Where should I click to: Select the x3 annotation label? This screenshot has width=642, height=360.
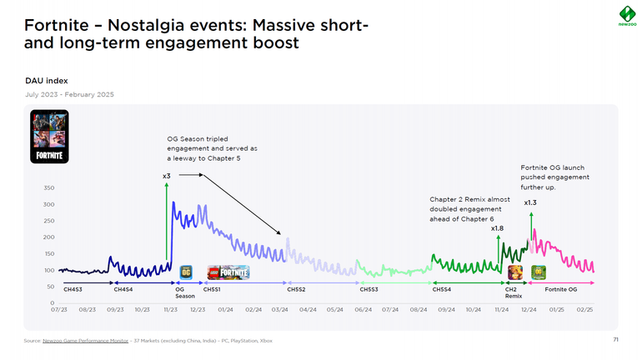click(167, 177)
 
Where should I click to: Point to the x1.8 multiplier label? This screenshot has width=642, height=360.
click(497, 228)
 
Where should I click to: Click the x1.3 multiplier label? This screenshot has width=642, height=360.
click(530, 202)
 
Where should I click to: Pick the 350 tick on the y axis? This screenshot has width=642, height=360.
click(49, 188)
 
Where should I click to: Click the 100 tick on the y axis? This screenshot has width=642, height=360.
click(49, 270)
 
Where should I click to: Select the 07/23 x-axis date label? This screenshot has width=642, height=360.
click(58, 310)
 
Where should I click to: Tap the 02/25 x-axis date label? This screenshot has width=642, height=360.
click(584, 310)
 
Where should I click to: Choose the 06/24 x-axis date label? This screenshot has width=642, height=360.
click(363, 310)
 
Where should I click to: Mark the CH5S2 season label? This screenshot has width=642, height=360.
click(297, 289)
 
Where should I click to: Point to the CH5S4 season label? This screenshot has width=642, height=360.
click(442, 289)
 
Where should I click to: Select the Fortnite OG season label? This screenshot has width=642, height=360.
click(561, 289)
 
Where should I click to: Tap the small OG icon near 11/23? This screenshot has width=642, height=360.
click(186, 272)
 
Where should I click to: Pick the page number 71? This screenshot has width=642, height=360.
click(616, 340)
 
